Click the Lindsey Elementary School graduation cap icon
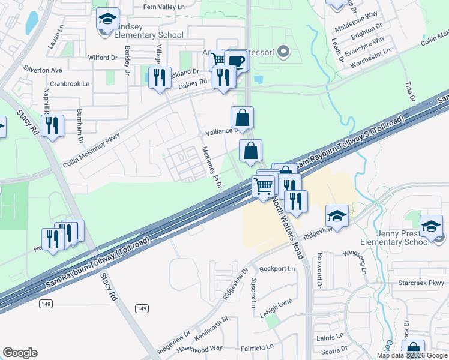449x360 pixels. coord(108,20)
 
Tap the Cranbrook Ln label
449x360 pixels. coord(70,84)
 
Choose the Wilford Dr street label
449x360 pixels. coord(102,58)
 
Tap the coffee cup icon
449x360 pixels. coord(237,61)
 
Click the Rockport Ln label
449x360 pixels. coord(277,269)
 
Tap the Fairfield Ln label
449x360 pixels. coord(256,347)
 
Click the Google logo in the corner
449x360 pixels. coord(20,353)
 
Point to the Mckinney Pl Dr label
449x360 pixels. coord(212,168)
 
